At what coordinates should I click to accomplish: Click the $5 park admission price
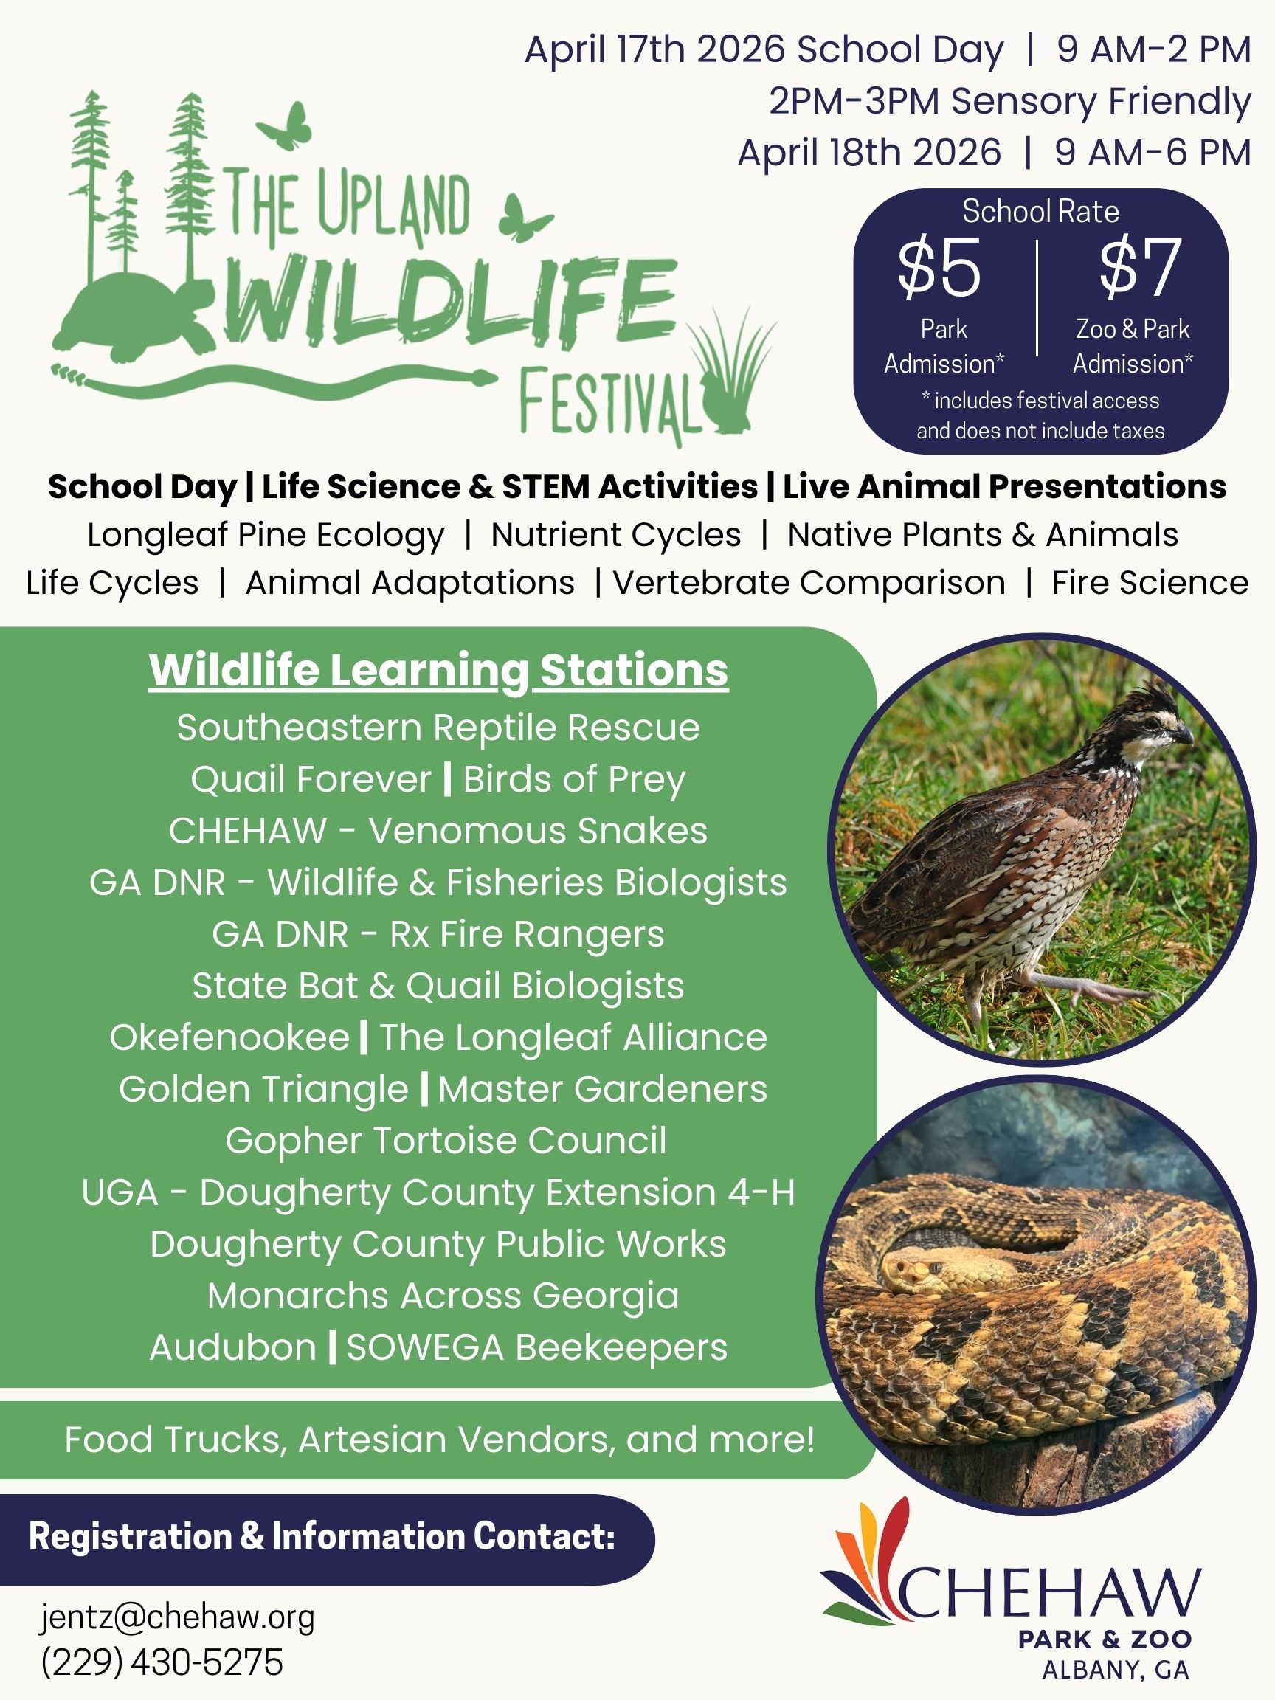coord(939,267)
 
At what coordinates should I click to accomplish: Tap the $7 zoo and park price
coord(1140,267)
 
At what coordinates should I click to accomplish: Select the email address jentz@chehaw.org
coord(178,1617)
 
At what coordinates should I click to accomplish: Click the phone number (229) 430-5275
coord(162,1662)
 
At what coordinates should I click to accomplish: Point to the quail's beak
coord(1184,736)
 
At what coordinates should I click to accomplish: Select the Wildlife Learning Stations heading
coord(438,670)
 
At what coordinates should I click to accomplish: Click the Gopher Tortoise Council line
coord(446,1141)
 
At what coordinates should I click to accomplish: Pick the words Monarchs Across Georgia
coord(443,1296)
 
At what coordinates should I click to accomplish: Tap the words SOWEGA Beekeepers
coord(536,1347)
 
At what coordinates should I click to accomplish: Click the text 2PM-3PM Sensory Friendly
coord(1010,101)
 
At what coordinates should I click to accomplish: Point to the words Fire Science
coord(1150,583)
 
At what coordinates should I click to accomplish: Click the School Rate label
coord(1040,211)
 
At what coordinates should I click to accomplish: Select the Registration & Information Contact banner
coord(327,1536)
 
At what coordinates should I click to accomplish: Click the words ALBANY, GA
coord(1115,1670)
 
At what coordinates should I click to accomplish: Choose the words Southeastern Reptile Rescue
coord(438,728)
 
